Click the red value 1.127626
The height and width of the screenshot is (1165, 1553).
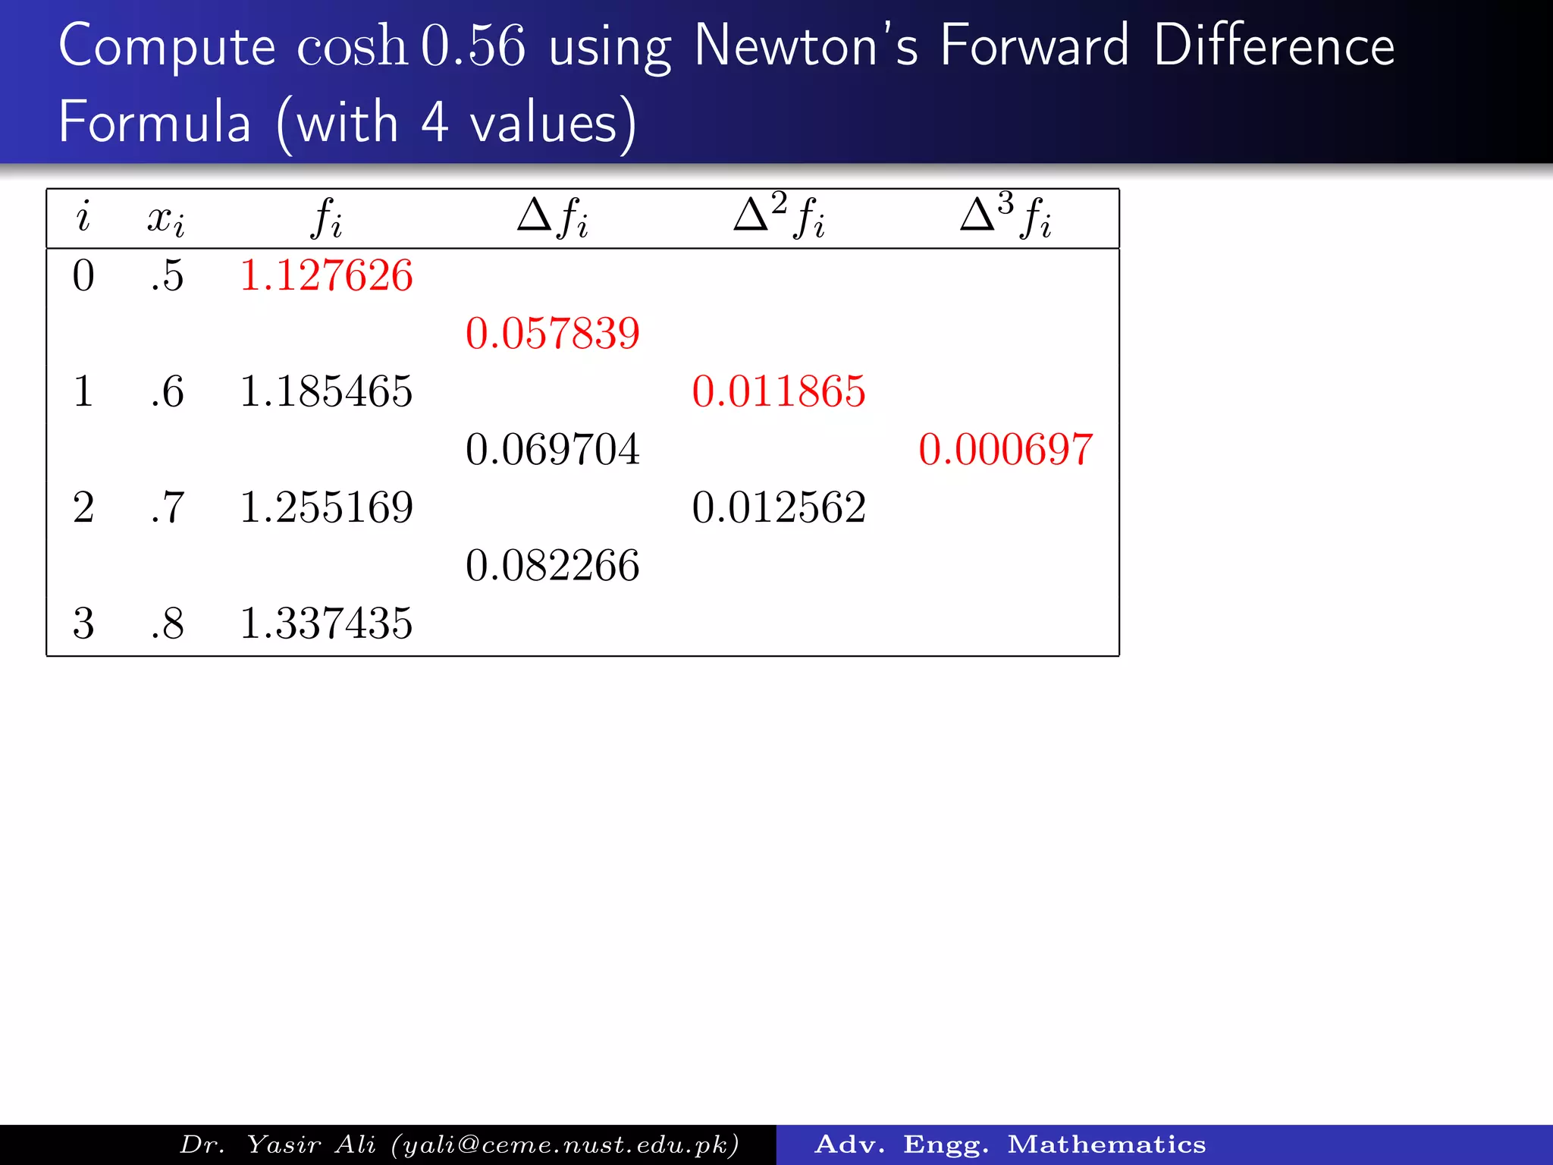(x=326, y=275)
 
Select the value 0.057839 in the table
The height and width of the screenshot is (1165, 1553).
(x=553, y=334)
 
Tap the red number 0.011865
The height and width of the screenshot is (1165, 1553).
(x=779, y=391)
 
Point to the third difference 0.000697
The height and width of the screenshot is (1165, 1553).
(x=1006, y=450)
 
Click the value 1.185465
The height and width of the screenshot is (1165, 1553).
(x=326, y=391)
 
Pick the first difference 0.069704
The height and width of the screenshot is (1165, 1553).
(x=553, y=450)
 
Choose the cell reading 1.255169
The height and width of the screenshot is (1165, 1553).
(x=326, y=507)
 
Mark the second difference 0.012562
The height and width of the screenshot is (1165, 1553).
(x=779, y=507)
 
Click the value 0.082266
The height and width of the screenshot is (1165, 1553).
(x=553, y=566)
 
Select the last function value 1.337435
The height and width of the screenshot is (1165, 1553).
(x=326, y=623)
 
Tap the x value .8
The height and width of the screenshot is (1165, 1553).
(x=167, y=623)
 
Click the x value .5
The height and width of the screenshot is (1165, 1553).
(x=167, y=275)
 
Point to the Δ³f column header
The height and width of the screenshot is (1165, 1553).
(x=1006, y=217)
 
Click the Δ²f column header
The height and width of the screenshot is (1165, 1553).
(x=779, y=217)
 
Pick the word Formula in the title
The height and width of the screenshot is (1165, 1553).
(x=155, y=123)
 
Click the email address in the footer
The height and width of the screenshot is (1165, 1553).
(x=565, y=1145)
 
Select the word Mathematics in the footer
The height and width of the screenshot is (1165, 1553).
(x=1106, y=1145)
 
